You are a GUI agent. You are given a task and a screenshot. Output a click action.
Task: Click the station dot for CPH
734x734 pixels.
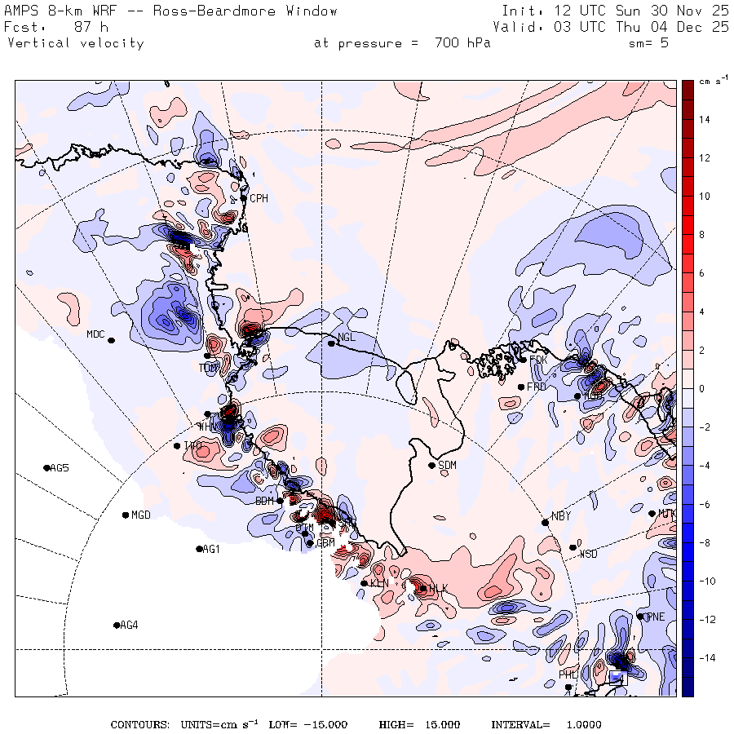244,198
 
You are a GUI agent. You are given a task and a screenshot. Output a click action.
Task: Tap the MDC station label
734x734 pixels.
95,334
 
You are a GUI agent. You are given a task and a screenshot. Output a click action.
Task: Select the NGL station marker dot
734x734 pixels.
331,343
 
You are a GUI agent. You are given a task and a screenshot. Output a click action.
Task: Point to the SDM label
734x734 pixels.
448,466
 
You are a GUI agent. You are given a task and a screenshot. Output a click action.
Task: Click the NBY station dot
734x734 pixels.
545,523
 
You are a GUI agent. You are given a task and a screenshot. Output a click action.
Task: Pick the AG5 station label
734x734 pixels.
60,468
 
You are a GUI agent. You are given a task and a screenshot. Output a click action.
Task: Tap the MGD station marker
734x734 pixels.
125,515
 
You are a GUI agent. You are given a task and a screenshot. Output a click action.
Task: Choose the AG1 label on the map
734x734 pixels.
211,550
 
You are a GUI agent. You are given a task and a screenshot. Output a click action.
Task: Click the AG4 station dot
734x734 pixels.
116,626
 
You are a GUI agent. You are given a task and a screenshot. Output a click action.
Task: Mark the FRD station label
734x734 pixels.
537,387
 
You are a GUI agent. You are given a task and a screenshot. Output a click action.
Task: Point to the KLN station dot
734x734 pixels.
364,582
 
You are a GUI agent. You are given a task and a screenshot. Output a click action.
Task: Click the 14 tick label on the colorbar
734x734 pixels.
703,119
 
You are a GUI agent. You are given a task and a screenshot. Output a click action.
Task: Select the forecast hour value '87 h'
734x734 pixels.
92,27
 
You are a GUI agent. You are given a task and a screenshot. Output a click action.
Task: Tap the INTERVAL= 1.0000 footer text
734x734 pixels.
546,725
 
